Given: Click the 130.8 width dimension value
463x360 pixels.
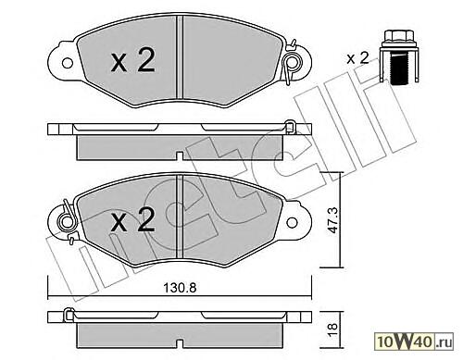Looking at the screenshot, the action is click(180, 288).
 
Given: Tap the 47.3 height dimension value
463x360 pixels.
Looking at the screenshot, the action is click(332, 220).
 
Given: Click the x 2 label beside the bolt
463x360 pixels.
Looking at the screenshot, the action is click(357, 58).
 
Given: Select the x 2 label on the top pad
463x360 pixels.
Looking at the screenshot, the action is click(133, 61).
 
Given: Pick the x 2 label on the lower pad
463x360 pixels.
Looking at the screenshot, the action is click(133, 219).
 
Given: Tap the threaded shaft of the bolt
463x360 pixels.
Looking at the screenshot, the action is click(398, 68).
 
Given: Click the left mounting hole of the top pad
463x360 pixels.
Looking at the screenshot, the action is click(68, 63).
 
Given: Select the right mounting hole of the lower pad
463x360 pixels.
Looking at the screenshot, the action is click(292, 222).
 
